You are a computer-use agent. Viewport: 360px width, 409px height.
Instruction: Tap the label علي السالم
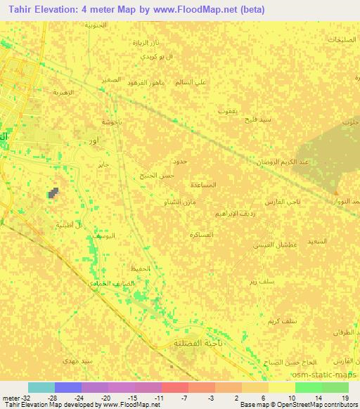pos(191,82)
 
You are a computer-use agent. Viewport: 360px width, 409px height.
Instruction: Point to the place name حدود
pos(179,162)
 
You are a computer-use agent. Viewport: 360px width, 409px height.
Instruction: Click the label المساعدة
pos(203,184)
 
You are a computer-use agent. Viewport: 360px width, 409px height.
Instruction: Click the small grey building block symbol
pos(53,192)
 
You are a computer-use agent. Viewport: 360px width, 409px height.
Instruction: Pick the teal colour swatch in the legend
pos(41,387)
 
